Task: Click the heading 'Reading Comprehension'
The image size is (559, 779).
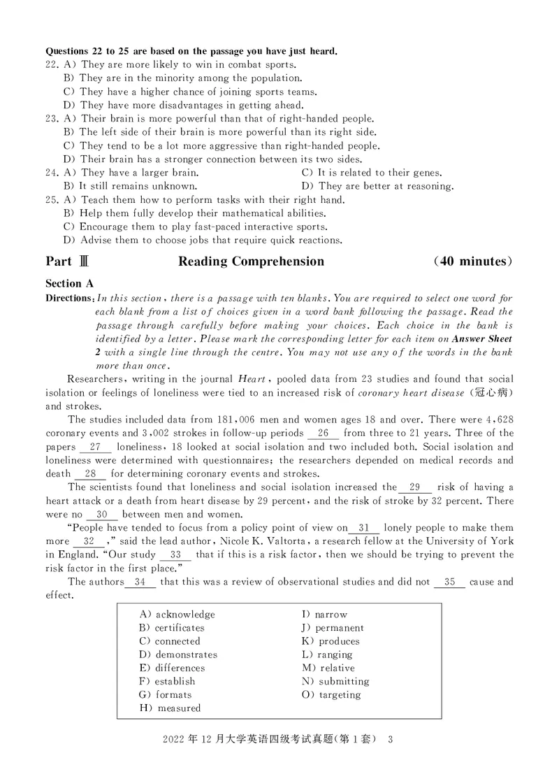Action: coord(251,262)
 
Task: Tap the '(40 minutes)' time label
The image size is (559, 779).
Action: coord(473,262)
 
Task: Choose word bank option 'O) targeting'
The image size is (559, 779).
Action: coord(331,694)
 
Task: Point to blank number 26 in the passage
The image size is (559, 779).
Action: coord(323,433)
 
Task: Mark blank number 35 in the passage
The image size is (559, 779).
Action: coord(449,582)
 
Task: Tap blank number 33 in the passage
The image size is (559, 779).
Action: coord(175,555)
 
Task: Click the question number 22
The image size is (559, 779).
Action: coord(51,64)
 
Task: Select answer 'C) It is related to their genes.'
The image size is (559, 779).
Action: coord(372,173)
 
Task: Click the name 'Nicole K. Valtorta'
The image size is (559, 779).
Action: coord(262,541)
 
